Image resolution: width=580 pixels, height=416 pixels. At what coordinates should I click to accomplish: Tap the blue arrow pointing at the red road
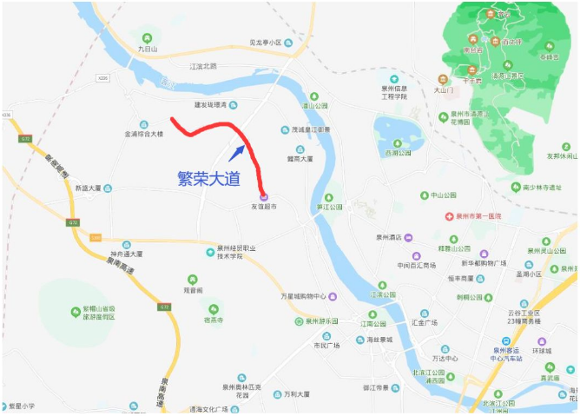pyautogui.click(x=236, y=153)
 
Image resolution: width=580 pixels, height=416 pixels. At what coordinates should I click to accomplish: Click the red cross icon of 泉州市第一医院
pyautogui.click(x=449, y=215)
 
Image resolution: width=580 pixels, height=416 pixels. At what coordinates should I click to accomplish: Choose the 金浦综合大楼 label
pyautogui.click(x=144, y=134)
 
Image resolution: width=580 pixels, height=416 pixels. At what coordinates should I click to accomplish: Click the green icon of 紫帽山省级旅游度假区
pyautogui.click(x=75, y=311)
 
